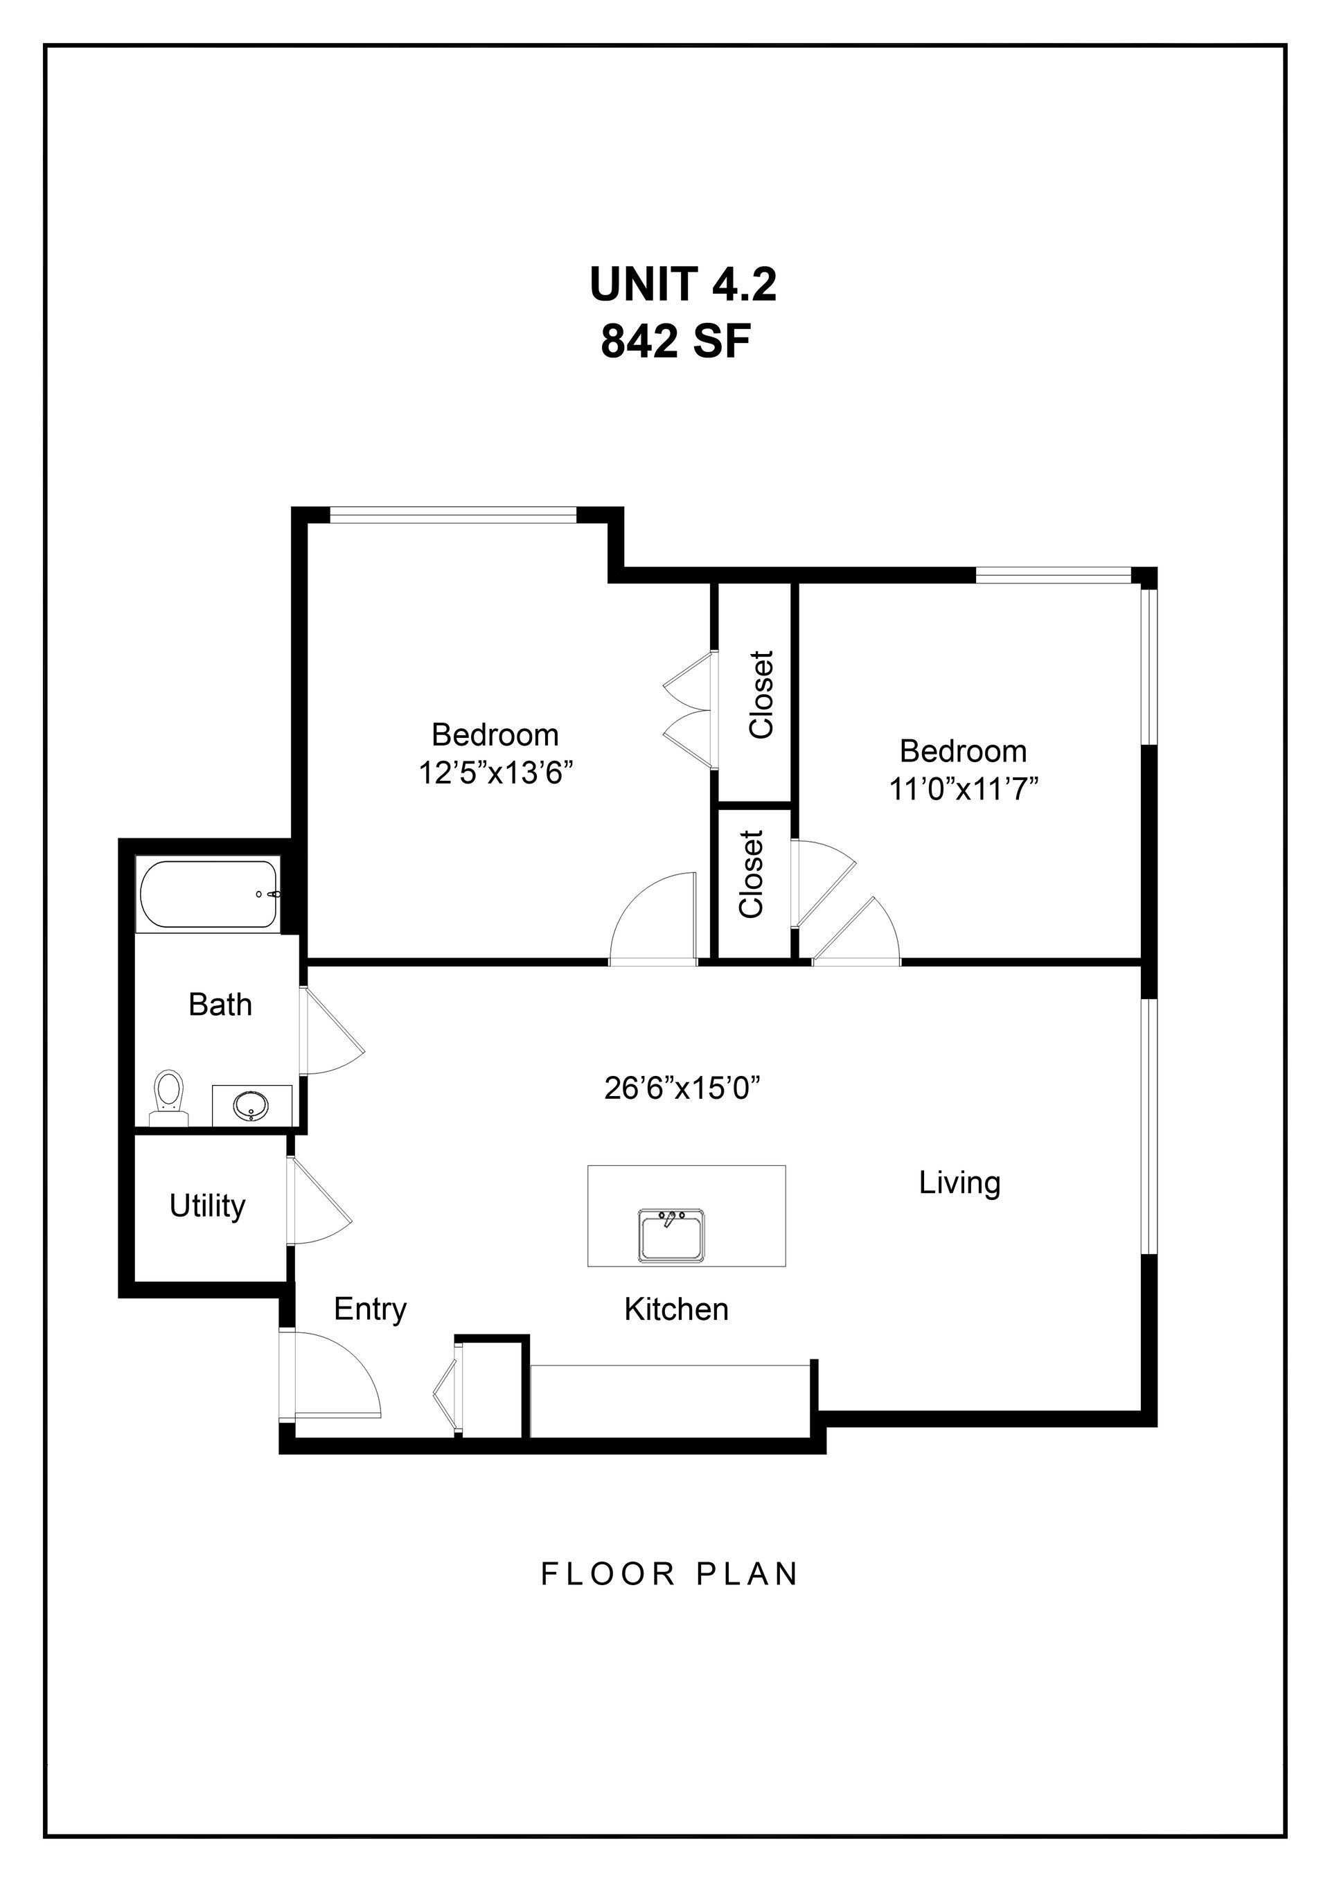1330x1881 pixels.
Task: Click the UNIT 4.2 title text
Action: click(682, 284)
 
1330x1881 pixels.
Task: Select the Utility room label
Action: click(207, 1206)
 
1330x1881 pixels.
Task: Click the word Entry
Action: click(370, 1309)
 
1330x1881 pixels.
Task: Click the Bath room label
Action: click(220, 1005)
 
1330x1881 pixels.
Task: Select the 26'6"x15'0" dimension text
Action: click(684, 1088)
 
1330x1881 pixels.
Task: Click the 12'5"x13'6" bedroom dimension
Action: click(495, 772)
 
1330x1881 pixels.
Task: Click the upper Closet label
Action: click(762, 695)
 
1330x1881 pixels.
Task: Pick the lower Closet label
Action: click(751, 874)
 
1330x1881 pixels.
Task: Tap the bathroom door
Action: click(332, 1031)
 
